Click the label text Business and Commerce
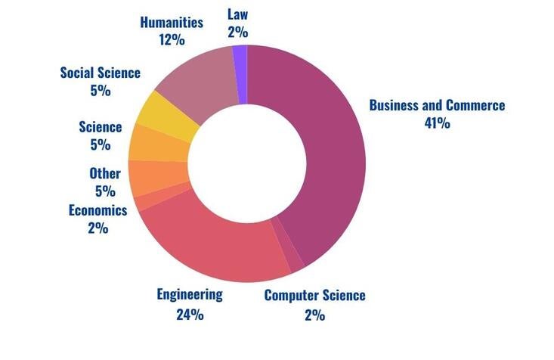[x=436, y=105]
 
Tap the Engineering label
[x=189, y=294]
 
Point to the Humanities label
[x=172, y=22]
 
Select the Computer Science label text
[x=314, y=295]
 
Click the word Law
[x=237, y=13]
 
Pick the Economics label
[x=97, y=209]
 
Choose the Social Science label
[x=101, y=73]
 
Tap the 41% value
[x=437, y=123]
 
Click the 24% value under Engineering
[x=189, y=313]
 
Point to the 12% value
[x=172, y=40]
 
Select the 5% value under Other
[x=104, y=191]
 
